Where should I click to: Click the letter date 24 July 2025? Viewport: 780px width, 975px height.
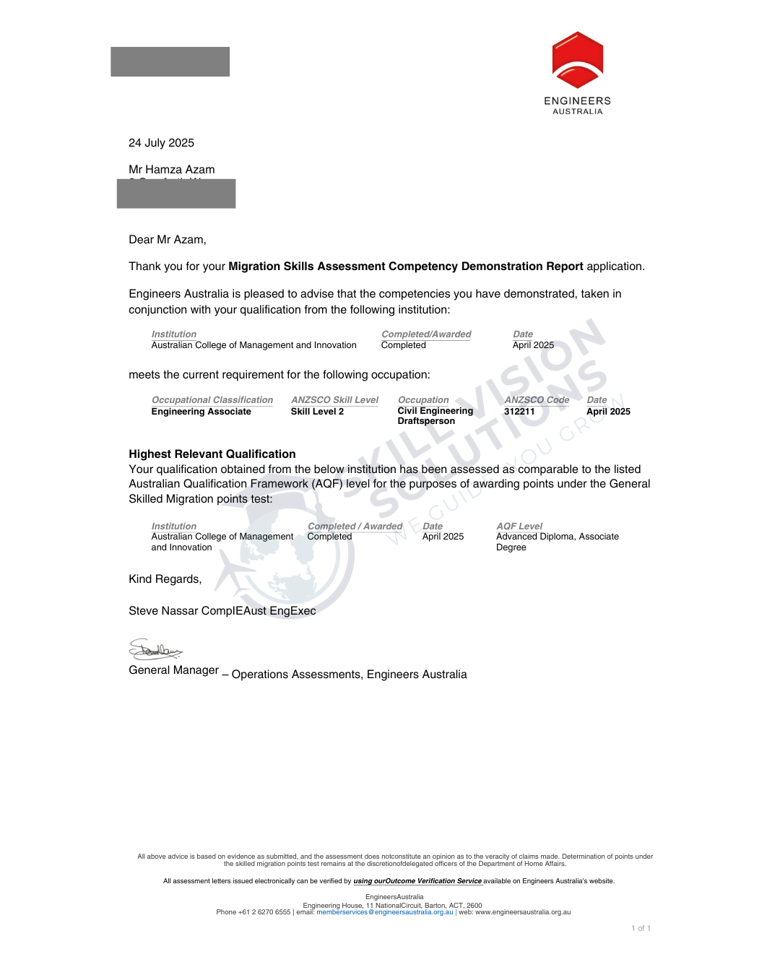[x=161, y=143]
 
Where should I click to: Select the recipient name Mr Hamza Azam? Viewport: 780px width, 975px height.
[x=172, y=170]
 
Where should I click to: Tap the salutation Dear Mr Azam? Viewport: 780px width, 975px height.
[x=168, y=240]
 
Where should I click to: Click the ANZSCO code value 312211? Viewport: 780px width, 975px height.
[x=519, y=412]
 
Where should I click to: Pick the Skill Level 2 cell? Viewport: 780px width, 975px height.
[x=317, y=412]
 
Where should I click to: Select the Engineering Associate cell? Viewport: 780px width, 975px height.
[x=201, y=412]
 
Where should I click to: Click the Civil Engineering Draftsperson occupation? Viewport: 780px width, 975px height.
[x=435, y=416]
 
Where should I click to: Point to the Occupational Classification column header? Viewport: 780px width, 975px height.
[x=212, y=400]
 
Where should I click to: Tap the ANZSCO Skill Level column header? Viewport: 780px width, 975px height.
[x=334, y=400]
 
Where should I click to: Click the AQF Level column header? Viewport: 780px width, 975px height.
[x=519, y=526]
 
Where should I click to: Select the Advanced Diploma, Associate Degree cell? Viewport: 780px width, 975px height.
[x=557, y=542]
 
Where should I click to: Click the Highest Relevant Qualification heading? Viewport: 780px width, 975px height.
[x=212, y=454]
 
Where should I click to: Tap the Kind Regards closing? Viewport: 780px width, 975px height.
[x=165, y=579]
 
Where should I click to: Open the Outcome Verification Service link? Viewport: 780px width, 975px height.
[x=417, y=881]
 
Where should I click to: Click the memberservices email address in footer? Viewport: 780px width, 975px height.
[x=385, y=912]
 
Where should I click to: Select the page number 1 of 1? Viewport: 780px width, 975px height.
[x=641, y=929]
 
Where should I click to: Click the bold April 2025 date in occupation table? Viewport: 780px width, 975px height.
[x=608, y=412]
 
